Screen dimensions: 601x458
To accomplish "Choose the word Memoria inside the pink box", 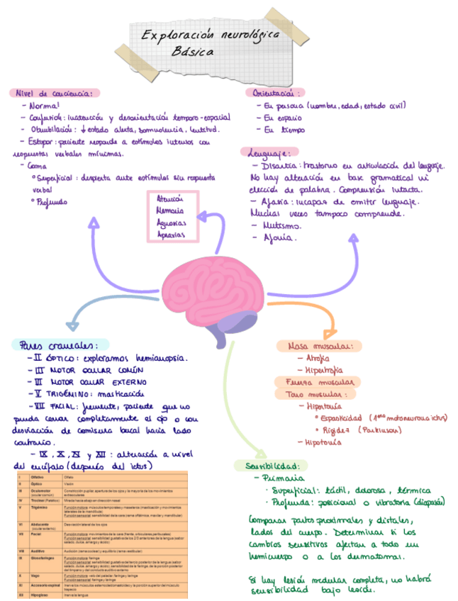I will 170,210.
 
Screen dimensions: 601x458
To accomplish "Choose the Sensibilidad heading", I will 271,466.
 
